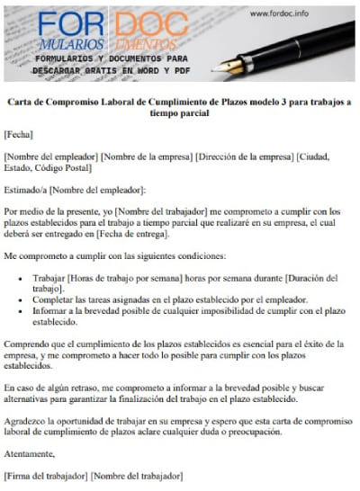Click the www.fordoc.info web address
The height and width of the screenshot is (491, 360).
tap(279, 13)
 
